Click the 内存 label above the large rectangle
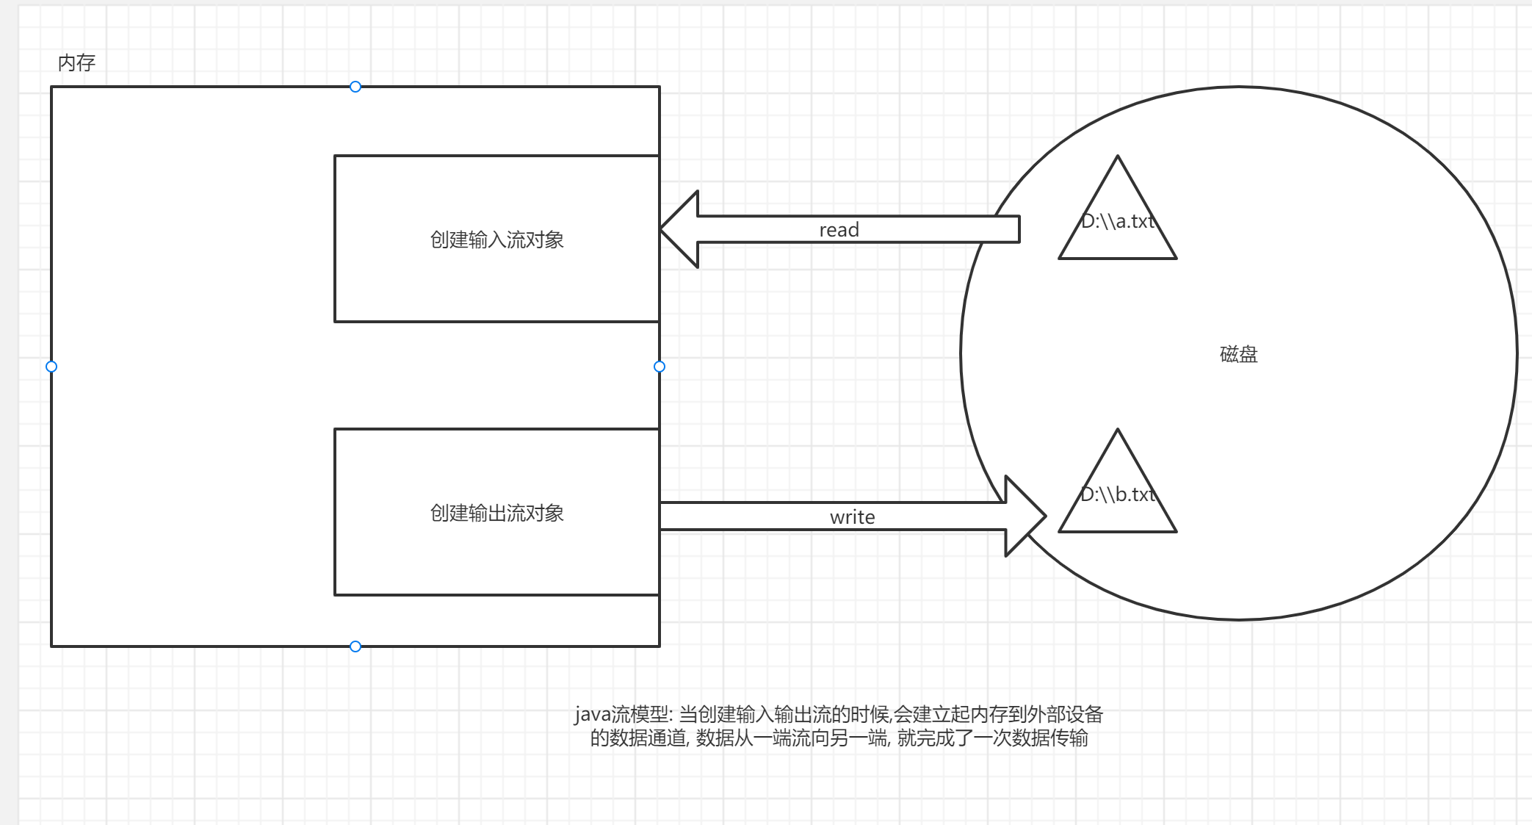pos(76,63)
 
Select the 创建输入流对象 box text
pos(496,239)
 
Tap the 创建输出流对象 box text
pos(496,513)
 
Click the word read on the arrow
pos(839,230)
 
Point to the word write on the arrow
pos(852,517)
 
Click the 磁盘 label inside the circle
pos(1238,354)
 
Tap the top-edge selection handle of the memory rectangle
pos(355,87)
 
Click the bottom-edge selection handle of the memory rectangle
pos(355,646)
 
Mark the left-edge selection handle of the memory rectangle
pos(51,367)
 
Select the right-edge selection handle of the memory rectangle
pos(660,367)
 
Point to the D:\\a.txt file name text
pos(1118,221)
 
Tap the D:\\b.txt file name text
pos(1118,494)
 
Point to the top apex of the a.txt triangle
pos(1118,157)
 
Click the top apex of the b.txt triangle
pos(1118,430)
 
